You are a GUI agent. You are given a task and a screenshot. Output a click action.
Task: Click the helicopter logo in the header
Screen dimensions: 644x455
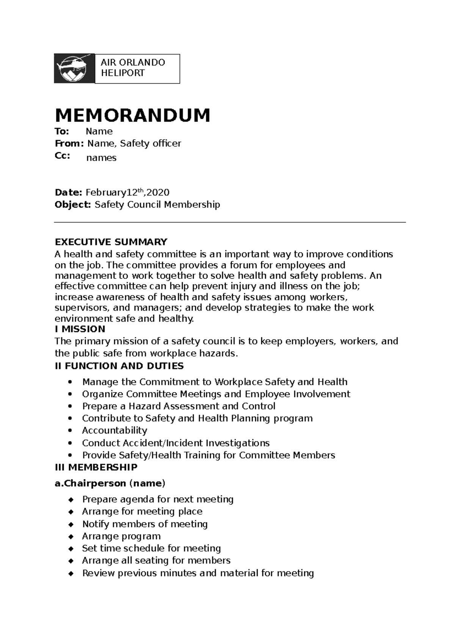tap(74, 68)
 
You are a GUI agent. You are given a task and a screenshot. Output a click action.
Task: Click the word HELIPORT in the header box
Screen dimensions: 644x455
tap(123, 73)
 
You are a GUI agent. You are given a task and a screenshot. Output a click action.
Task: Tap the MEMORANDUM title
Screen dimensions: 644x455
tap(132, 115)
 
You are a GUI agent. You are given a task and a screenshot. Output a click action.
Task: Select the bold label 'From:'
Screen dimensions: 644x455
tap(69, 143)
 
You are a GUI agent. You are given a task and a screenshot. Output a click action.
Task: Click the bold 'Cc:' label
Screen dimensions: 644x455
tap(63, 156)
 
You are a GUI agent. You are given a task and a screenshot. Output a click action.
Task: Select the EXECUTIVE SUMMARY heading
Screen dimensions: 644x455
tap(111, 242)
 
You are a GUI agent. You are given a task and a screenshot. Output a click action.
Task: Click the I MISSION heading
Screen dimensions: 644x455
tap(80, 329)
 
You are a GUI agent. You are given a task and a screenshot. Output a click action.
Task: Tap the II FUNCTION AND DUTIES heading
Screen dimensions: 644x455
tap(119, 366)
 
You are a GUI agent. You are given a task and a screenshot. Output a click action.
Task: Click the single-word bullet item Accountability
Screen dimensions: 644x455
tap(115, 430)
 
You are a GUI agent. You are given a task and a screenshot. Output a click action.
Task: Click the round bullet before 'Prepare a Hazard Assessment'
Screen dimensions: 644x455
tap(70, 406)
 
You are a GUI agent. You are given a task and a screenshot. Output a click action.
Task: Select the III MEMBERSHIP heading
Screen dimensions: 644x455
tap(96, 467)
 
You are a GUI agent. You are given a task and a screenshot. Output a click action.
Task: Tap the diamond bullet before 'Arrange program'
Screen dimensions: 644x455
tap(71, 537)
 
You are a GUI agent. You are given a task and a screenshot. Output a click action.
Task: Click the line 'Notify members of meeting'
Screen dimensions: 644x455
tap(145, 524)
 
